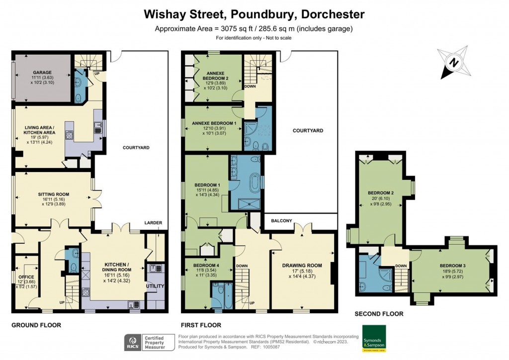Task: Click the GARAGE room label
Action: point(42,71)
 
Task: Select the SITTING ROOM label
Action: point(53,194)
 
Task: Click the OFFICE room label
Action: point(26,276)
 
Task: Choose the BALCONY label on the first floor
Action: point(281,220)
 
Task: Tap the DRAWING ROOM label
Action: point(302,265)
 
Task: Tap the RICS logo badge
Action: point(133,343)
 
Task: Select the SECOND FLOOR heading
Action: point(378,314)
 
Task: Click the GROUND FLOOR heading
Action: point(36,325)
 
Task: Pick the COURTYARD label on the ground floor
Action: point(136,148)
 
